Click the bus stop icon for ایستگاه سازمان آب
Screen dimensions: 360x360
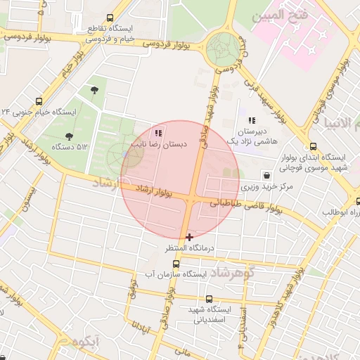coord(176,262)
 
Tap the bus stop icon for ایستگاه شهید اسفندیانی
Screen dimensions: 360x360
coord(209,299)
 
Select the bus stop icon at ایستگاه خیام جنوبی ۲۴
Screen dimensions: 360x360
coord(38,101)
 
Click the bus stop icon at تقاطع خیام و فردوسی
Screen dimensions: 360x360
coord(109,18)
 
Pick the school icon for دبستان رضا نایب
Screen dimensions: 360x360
coord(158,132)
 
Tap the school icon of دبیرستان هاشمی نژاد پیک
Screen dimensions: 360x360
coord(252,121)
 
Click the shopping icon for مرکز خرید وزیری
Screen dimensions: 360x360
coord(266,175)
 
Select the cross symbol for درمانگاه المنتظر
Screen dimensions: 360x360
coord(189,237)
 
